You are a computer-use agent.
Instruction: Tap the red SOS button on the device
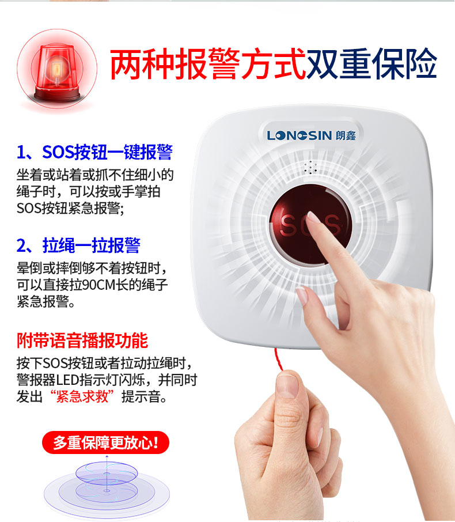tap(310, 225)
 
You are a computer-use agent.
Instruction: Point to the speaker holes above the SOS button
tap(310, 168)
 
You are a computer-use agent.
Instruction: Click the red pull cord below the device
tap(279, 359)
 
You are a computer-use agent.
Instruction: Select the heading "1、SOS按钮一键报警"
tap(95, 152)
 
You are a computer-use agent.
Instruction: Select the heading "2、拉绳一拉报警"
tap(78, 245)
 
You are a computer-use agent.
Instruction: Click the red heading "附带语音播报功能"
tap(82, 341)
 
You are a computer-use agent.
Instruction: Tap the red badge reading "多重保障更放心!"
tap(105, 442)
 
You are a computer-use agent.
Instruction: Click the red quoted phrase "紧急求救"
tap(82, 396)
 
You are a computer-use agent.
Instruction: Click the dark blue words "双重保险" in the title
tap(371, 63)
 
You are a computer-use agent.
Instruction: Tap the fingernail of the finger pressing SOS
tap(313, 217)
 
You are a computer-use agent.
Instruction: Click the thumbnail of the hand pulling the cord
tap(287, 385)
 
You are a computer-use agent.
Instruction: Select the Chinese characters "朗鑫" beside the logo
tap(346, 135)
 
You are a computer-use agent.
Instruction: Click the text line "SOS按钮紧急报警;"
tap(70, 209)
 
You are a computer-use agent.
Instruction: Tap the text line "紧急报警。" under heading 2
tap(46, 301)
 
